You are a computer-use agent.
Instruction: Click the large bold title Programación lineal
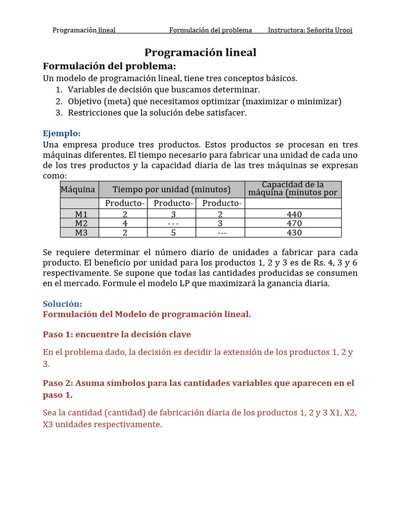coord(200,52)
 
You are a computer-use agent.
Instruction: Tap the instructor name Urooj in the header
coord(342,30)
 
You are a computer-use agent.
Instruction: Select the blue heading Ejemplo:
coord(62,133)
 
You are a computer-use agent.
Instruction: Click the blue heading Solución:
coord(62,304)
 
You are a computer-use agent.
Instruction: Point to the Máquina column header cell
coord(78,190)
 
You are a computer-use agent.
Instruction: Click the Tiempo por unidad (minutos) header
coord(171,190)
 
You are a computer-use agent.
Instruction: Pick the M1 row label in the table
coord(81,214)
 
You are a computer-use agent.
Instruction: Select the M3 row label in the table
coord(81,232)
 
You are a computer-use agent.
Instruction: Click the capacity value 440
coord(294,214)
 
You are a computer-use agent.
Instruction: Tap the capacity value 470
coord(294,223)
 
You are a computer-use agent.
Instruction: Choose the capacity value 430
coord(294,232)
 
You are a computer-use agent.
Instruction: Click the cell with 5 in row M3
coord(173,232)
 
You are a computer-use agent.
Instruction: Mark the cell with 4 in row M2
coord(125,223)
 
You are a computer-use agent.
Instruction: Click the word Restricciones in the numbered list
coord(93,113)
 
